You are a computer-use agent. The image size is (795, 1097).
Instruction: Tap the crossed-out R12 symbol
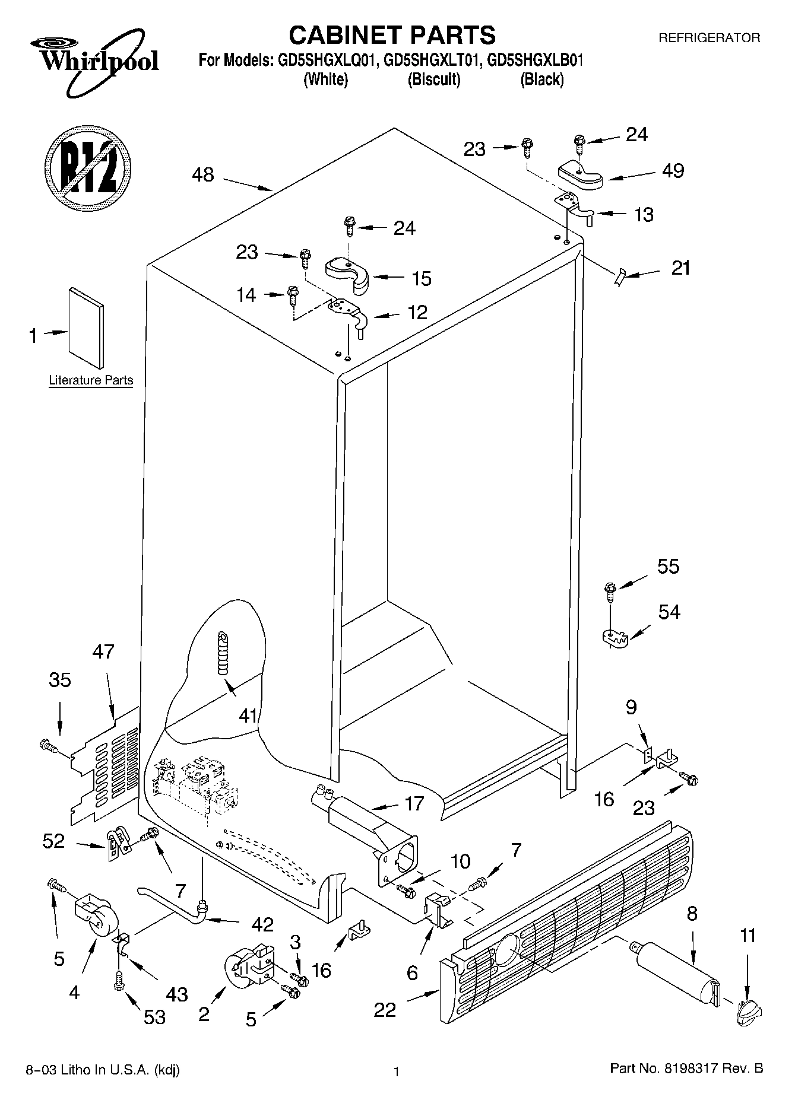[87, 167]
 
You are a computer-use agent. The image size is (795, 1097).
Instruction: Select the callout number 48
[203, 175]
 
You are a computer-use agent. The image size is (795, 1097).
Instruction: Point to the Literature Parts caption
[91, 380]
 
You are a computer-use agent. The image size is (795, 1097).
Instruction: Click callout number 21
[680, 268]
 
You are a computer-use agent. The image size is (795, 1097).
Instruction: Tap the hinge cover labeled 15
[347, 274]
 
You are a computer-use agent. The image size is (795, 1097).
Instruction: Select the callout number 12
[417, 312]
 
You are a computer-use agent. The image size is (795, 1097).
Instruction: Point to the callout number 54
[669, 612]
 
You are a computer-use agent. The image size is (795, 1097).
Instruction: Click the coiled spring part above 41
[223, 653]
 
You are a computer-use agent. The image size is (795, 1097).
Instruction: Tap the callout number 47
[103, 651]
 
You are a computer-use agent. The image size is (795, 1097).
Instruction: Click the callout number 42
[262, 924]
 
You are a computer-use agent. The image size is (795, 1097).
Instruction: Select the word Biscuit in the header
[433, 80]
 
